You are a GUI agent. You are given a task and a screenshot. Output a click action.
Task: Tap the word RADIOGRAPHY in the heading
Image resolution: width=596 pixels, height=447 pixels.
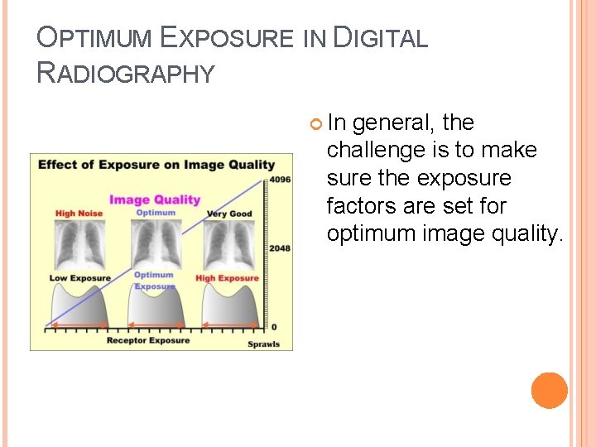click(126, 74)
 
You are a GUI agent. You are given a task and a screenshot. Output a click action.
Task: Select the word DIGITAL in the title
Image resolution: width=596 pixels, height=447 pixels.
click(380, 38)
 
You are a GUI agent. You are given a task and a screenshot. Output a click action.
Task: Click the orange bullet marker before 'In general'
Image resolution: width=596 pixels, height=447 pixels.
click(315, 124)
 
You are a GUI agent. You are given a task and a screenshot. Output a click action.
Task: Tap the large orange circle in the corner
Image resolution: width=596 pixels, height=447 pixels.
click(549, 391)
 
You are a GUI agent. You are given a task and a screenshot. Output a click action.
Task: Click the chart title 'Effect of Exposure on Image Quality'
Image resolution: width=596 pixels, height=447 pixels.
click(156, 164)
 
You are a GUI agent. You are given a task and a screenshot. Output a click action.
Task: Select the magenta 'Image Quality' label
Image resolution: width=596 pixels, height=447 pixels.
click(155, 199)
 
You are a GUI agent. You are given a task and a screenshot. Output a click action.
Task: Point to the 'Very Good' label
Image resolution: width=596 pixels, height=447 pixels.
click(229, 214)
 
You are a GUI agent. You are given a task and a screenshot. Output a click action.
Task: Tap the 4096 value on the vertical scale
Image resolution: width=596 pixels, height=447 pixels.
click(280, 180)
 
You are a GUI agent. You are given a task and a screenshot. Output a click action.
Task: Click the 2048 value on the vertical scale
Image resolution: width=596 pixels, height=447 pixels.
click(280, 248)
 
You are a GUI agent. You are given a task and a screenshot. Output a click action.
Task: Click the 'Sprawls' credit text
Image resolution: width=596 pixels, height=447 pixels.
click(264, 344)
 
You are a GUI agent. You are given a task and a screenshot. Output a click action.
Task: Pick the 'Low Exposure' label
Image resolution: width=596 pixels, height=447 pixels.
click(79, 278)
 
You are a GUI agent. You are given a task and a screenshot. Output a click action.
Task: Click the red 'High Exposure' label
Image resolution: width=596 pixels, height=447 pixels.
click(227, 278)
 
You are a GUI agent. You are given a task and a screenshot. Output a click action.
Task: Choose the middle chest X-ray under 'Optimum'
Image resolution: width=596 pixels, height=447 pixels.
click(155, 243)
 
